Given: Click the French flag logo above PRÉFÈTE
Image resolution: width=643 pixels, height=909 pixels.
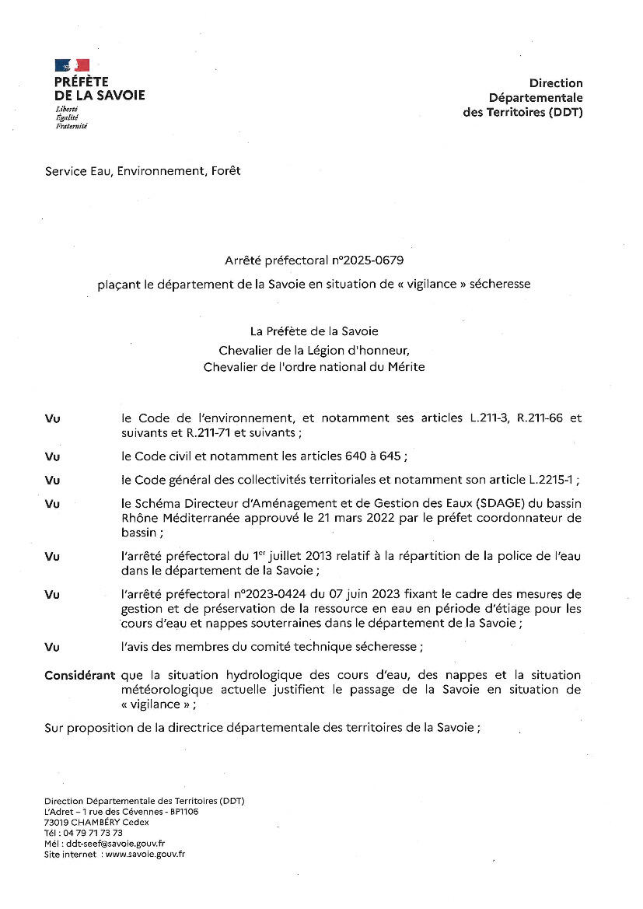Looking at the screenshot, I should [72, 65].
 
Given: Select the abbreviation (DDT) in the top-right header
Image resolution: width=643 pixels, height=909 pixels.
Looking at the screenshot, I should [565, 112].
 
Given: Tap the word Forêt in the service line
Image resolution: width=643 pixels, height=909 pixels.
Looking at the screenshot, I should [225, 171].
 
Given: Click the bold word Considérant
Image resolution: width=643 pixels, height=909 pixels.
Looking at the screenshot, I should [80, 675].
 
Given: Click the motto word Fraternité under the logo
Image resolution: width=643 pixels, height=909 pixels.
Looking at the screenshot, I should [72, 126].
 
